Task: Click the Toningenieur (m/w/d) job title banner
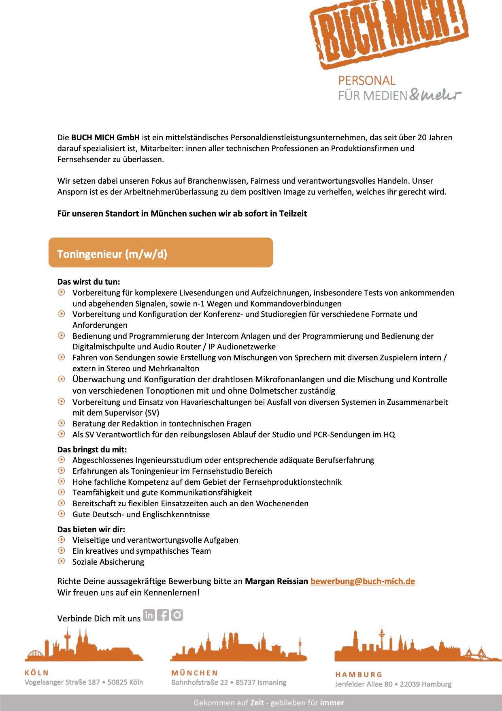(x=161, y=253)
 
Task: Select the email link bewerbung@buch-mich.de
(x=362, y=581)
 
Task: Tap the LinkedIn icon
(x=149, y=615)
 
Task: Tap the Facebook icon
(x=163, y=615)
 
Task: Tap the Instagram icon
(x=177, y=615)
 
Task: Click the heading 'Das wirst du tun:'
(x=89, y=282)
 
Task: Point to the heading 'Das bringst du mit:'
(x=92, y=449)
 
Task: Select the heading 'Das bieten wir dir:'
(x=91, y=529)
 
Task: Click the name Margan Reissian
(x=276, y=581)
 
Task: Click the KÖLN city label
(x=36, y=672)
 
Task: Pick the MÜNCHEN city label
(x=194, y=672)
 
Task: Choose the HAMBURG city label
(x=359, y=675)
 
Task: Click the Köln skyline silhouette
(x=84, y=647)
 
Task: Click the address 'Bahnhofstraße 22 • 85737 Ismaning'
(x=229, y=682)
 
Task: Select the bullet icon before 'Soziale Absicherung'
(x=62, y=561)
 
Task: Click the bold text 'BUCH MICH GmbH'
(x=105, y=137)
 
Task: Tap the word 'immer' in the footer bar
(x=332, y=702)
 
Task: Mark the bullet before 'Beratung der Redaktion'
(x=62, y=423)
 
